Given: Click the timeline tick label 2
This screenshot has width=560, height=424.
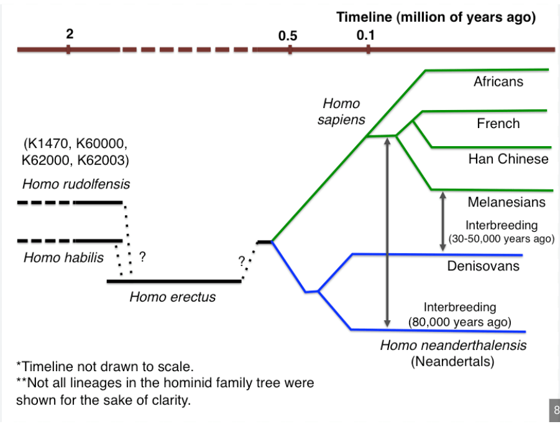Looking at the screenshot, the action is pyautogui.click(x=70, y=34).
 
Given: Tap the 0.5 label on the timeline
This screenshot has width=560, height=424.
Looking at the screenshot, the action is pyautogui.click(x=288, y=35).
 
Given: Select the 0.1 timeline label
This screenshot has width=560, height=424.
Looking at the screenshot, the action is pyautogui.click(x=365, y=35).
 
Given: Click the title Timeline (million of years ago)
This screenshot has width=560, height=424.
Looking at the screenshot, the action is pyautogui.click(x=436, y=17).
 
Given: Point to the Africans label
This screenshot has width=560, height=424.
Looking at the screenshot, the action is pyautogui.click(x=498, y=81).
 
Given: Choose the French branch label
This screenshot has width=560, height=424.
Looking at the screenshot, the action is pyautogui.click(x=498, y=123).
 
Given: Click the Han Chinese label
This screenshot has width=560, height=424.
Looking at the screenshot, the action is pyautogui.click(x=508, y=159).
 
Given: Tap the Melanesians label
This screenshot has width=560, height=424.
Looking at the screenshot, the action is pyautogui.click(x=507, y=202).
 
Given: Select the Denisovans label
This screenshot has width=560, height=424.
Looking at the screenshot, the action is pyautogui.click(x=483, y=265).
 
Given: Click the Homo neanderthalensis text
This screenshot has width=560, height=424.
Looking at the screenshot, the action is pyautogui.click(x=453, y=345).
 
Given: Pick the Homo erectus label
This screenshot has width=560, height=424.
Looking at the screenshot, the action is pyautogui.click(x=173, y=297).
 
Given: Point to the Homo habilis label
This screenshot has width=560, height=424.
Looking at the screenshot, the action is pyautogui.click(x=63, y=257).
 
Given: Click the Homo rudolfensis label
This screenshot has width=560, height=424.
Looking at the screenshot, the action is pyautogui.click(x=76, y=184).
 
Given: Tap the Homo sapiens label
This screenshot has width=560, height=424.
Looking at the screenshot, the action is pyautogui.click(x=341, y=111).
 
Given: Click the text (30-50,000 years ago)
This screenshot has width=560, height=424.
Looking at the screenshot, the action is pyautogui.click(x=502, y=239).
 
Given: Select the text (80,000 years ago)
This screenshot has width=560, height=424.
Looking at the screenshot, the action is pyautogui.click(x=460, y=322).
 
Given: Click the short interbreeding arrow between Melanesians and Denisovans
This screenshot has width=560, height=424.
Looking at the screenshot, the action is pyautogui.click(x=443, y=221).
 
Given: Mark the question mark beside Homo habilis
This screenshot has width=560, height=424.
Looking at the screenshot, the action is pyautogui.click(x=142, y=257).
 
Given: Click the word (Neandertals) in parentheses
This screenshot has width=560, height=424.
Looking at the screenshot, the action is pyautogui.click(x=452, y=361).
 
